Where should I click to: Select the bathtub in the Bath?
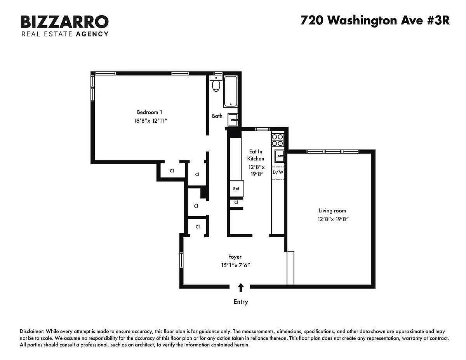(231, 91)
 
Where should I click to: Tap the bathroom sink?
(233, 120)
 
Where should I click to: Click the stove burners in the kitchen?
(277, 140)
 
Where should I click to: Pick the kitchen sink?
(280, 156)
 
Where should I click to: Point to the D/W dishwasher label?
(278, 172)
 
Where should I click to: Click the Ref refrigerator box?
(236, 188)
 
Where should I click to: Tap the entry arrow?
(241, 287)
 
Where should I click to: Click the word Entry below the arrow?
(241, 302)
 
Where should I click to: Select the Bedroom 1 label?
(150, 112)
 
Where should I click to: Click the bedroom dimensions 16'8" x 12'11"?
(150, 121)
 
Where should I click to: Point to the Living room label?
(332, 210)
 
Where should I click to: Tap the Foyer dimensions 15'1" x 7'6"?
(235, 265)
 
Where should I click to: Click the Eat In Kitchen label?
(256, 155)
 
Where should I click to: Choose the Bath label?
(217, 116)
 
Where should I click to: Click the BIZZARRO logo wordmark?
(65, 22)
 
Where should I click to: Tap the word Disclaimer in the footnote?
(32, 331)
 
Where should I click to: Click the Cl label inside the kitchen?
(236, 202)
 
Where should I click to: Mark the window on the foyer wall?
(181, 260)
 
